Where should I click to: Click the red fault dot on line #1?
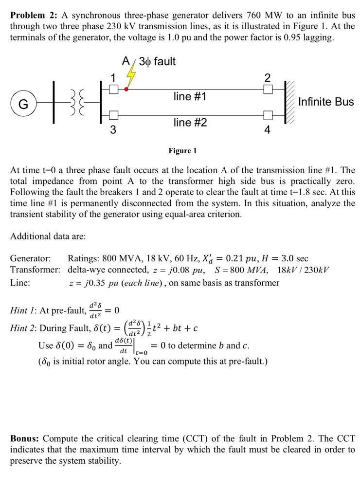coord(126,89)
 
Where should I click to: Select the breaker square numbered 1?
coord(113,89)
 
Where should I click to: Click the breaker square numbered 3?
coord(113,115)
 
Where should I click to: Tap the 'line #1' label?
coord(190,96)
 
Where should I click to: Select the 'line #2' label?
coord(190,123)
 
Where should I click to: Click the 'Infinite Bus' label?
coord(326,102)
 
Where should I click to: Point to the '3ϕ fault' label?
coord(157,61)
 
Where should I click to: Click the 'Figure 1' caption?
coord(182,151)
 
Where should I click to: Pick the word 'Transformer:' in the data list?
coord(36,270)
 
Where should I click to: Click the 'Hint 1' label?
coord(24,310)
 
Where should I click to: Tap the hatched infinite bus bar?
coord(290,103)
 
